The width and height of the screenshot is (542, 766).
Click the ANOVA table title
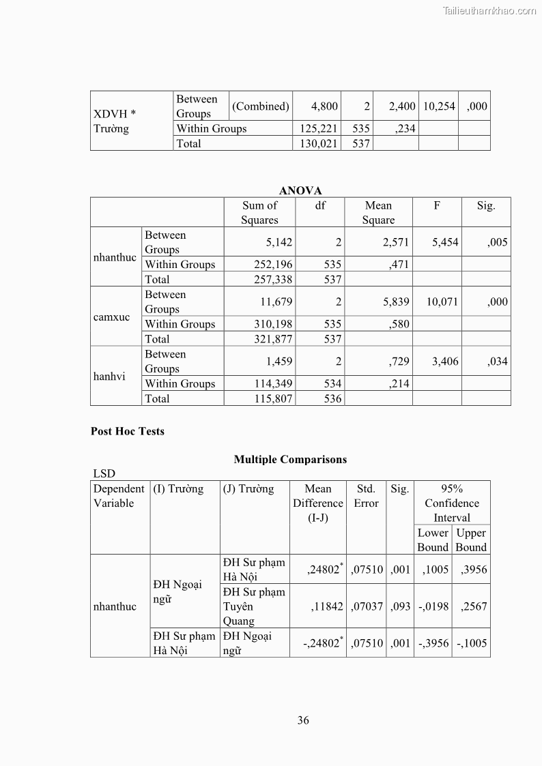pos(300,190)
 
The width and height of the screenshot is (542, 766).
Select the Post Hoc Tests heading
pos(128,431)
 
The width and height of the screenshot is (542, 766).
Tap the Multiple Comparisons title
pos(290,459)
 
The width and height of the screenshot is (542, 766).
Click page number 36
pos(303,720)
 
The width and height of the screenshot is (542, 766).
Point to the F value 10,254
pos(439,106)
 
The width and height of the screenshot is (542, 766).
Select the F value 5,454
pos(445,242)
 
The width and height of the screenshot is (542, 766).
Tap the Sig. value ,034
pos(497,362)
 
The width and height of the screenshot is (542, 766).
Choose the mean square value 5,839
pos(396,301)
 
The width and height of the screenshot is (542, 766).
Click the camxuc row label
pos(112,317)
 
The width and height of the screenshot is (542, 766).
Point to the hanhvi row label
pos(109,377)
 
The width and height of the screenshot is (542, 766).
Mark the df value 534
pos(332,383)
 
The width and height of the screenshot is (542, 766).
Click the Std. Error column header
pos(366,496)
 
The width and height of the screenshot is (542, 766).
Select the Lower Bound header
pos(433,540)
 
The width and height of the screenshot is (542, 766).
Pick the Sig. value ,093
pos(400,606)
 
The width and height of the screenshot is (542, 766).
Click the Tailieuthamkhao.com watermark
pos(489,10)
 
